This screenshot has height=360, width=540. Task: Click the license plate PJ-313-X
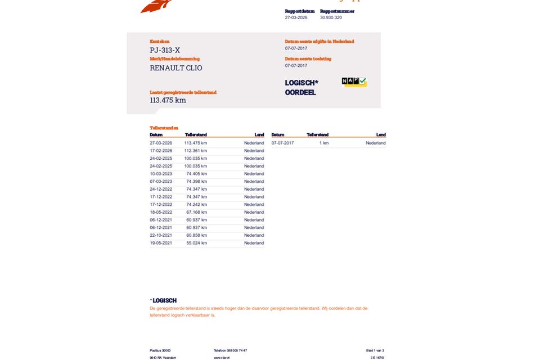165,50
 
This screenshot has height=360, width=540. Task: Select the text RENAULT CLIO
175,68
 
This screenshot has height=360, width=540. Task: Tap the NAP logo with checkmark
354,82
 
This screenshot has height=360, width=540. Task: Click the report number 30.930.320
331,17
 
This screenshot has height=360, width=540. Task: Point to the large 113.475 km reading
168,100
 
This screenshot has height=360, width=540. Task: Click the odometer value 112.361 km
195,151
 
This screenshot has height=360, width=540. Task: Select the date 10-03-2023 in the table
161,174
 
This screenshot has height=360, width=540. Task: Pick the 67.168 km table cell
196,212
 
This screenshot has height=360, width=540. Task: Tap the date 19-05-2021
161,243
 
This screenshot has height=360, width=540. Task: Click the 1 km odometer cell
323,143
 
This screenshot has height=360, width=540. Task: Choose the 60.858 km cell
196,235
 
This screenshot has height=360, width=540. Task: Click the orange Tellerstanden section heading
164,128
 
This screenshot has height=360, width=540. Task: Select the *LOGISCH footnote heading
163,300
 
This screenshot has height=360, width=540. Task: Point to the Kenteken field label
159,42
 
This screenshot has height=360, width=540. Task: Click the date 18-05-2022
161,212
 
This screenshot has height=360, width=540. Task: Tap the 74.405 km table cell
196,174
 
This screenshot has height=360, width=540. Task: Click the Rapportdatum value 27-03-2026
296,17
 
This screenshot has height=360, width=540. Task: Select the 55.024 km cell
196,243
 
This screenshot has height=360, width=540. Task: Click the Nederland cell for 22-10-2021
254,235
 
